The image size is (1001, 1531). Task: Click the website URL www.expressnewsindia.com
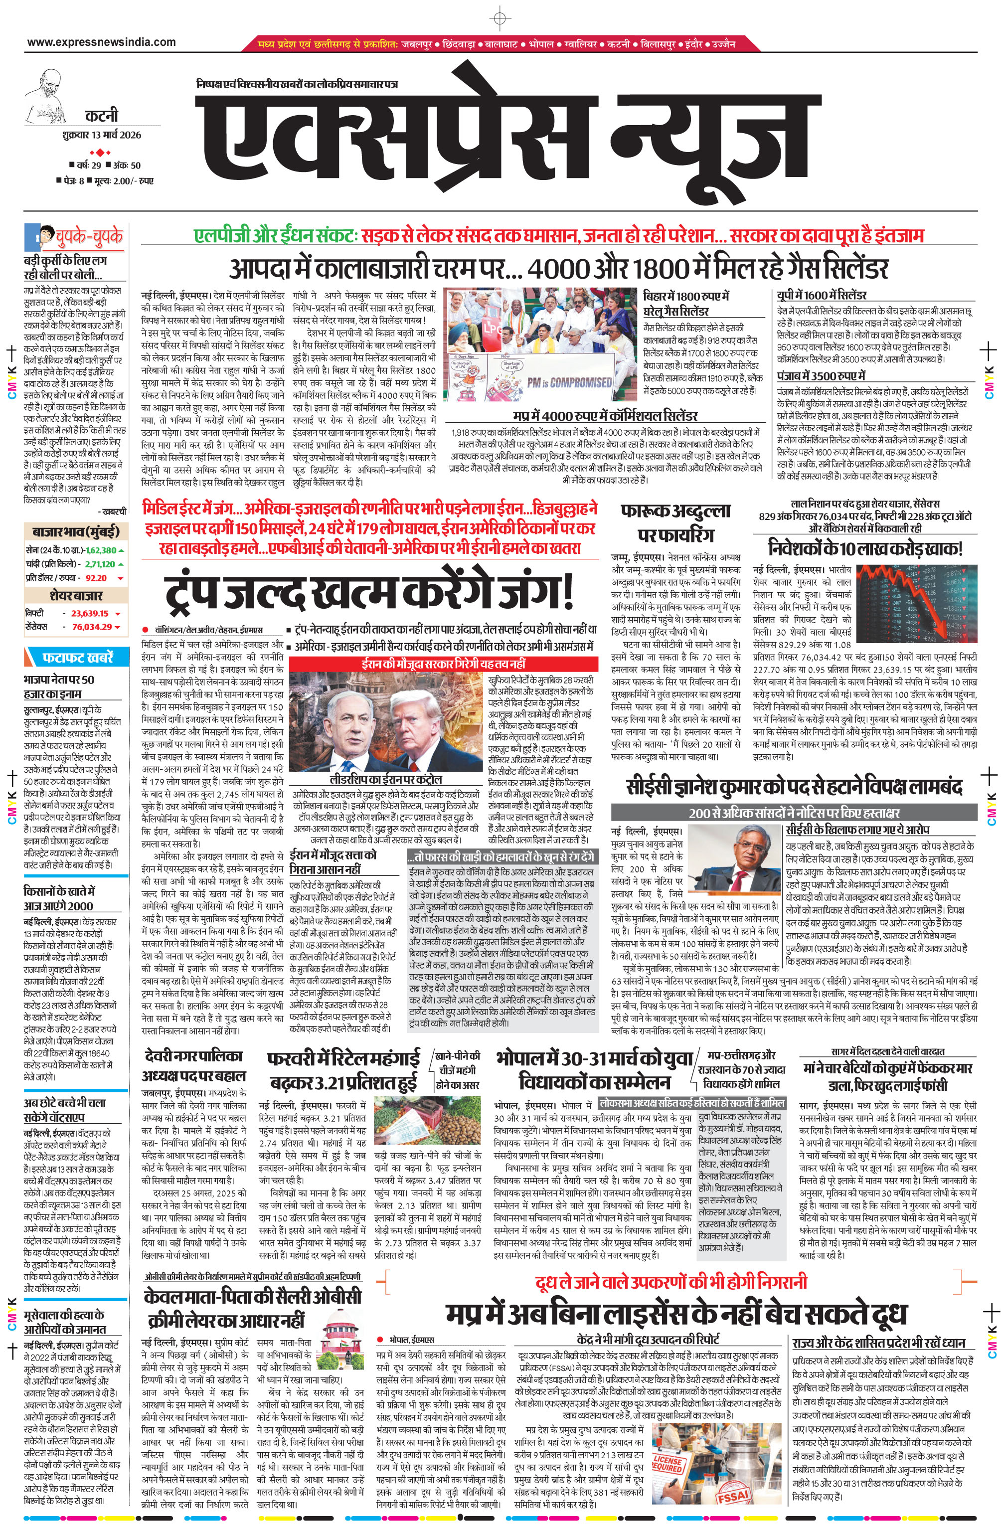click(101, 42)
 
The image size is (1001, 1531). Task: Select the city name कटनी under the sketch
click(101, 116)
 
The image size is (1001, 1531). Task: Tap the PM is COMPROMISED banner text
click(569, 382)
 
